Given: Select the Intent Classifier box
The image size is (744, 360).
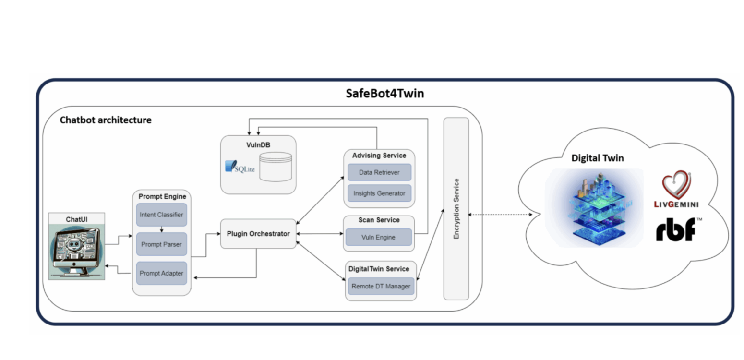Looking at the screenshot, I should (x=161, y=215).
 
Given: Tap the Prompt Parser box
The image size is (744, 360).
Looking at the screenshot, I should (x=161, y=244).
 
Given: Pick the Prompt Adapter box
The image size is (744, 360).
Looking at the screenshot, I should (x=161, y=273).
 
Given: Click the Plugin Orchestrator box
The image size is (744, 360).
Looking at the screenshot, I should (x=258, y=234).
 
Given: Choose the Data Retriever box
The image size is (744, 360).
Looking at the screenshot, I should (x=379, y=172).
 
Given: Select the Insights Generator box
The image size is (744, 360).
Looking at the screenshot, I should (x=379, y=193).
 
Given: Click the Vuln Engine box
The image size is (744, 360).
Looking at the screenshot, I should (x=379, y=237).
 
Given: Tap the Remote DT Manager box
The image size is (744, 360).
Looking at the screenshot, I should (x=381, y=287).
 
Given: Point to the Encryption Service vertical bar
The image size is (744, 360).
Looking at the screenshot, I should (x=456, y=209).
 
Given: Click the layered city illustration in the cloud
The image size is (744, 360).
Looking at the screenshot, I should (x=594, y=207).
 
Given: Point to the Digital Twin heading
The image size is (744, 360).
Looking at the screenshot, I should (x=597, y=158).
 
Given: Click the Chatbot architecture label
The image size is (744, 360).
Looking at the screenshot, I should (x=106, y=120).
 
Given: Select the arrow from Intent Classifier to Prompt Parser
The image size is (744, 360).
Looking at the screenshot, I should (x=162, y=229).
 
